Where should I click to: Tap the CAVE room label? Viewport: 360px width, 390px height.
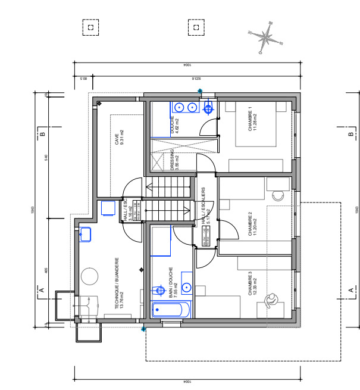point(117,138)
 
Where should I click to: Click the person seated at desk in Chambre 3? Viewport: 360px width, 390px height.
point(272,299)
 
